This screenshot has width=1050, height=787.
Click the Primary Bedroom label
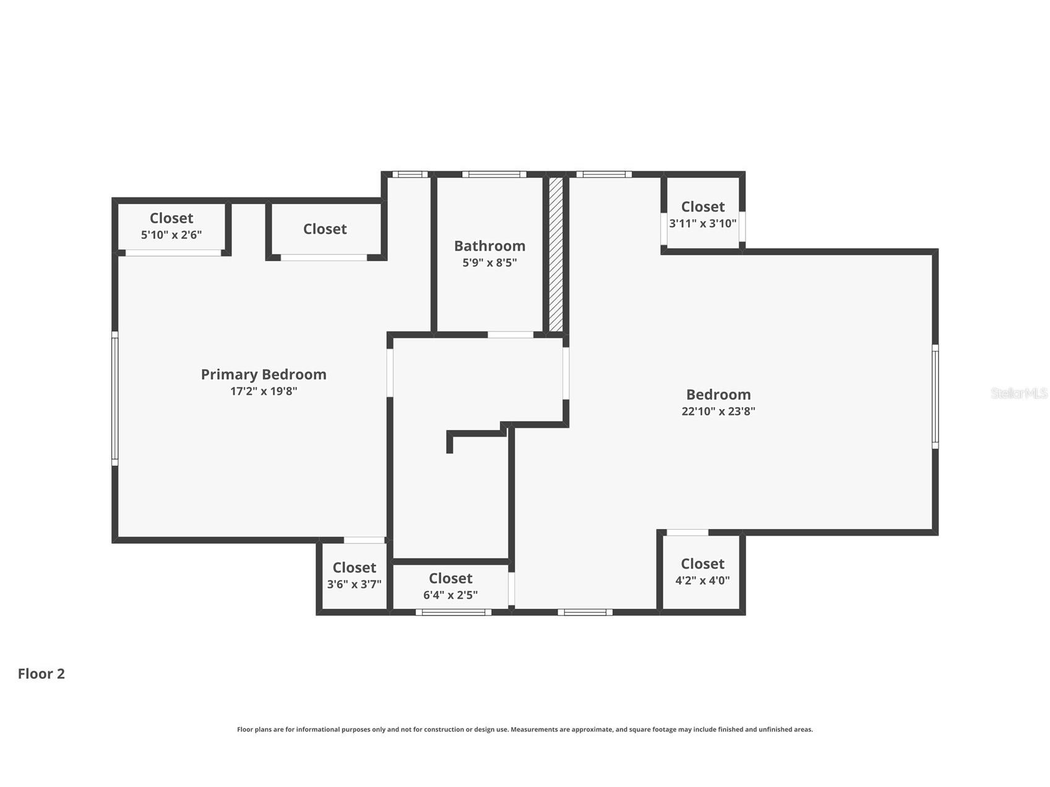264,374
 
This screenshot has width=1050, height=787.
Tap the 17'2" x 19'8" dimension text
264,391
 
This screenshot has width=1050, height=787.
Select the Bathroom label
489,246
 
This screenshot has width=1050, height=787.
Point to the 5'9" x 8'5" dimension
489,262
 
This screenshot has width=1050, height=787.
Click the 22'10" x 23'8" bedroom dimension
718,411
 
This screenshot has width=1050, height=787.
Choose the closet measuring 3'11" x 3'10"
703,215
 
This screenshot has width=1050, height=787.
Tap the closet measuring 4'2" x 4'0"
702,572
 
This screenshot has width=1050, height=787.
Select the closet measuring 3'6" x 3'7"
354,575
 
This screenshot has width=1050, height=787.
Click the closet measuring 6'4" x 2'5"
450,586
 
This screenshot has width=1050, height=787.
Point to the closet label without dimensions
325,229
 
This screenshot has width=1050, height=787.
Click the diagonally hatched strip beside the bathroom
556,254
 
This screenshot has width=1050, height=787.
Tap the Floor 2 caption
41,674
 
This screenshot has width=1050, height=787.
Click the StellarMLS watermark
1019,393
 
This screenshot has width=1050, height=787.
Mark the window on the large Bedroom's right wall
936,397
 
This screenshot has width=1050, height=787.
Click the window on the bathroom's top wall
494,174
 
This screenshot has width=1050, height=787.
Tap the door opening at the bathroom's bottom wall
510,335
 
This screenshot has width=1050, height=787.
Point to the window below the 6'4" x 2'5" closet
454,613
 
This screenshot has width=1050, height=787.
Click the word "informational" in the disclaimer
318,729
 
